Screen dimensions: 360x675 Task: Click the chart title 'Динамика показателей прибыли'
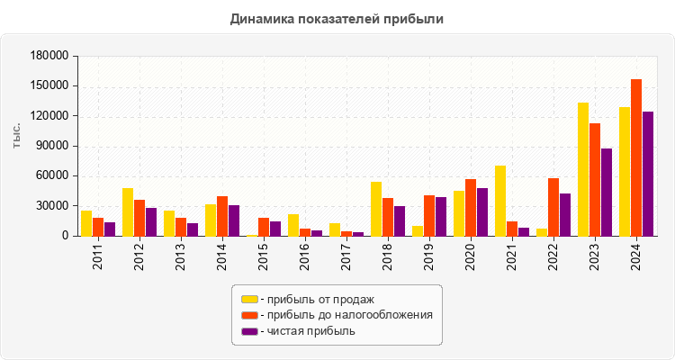click(x=337, y=18)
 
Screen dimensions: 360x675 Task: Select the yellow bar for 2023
click(x=583, y=169)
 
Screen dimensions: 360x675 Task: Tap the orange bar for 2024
click(x=636, y=157)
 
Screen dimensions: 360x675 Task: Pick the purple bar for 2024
click(x=648, y=174)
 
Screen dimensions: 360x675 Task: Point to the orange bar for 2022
click(x=553, y=207)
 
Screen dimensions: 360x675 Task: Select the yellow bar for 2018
click(x=376, y=209)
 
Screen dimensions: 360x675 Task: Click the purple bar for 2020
click(x=482, y=212)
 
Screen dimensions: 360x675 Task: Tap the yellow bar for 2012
click(x=128, y=212)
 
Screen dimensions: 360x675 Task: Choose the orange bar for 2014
click(x=222, y=216)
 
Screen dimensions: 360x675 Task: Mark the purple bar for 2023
click(x=607, y=192)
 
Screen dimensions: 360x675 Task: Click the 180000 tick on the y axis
click(x=50, y=56)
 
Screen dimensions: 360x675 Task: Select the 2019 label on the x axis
click(x=429, y=256)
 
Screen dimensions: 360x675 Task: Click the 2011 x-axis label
click(x=98, y=256)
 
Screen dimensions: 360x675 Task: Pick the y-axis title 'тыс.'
click(x=17, y=136)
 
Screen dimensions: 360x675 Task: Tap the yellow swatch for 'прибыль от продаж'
click(x=249, y=299)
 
